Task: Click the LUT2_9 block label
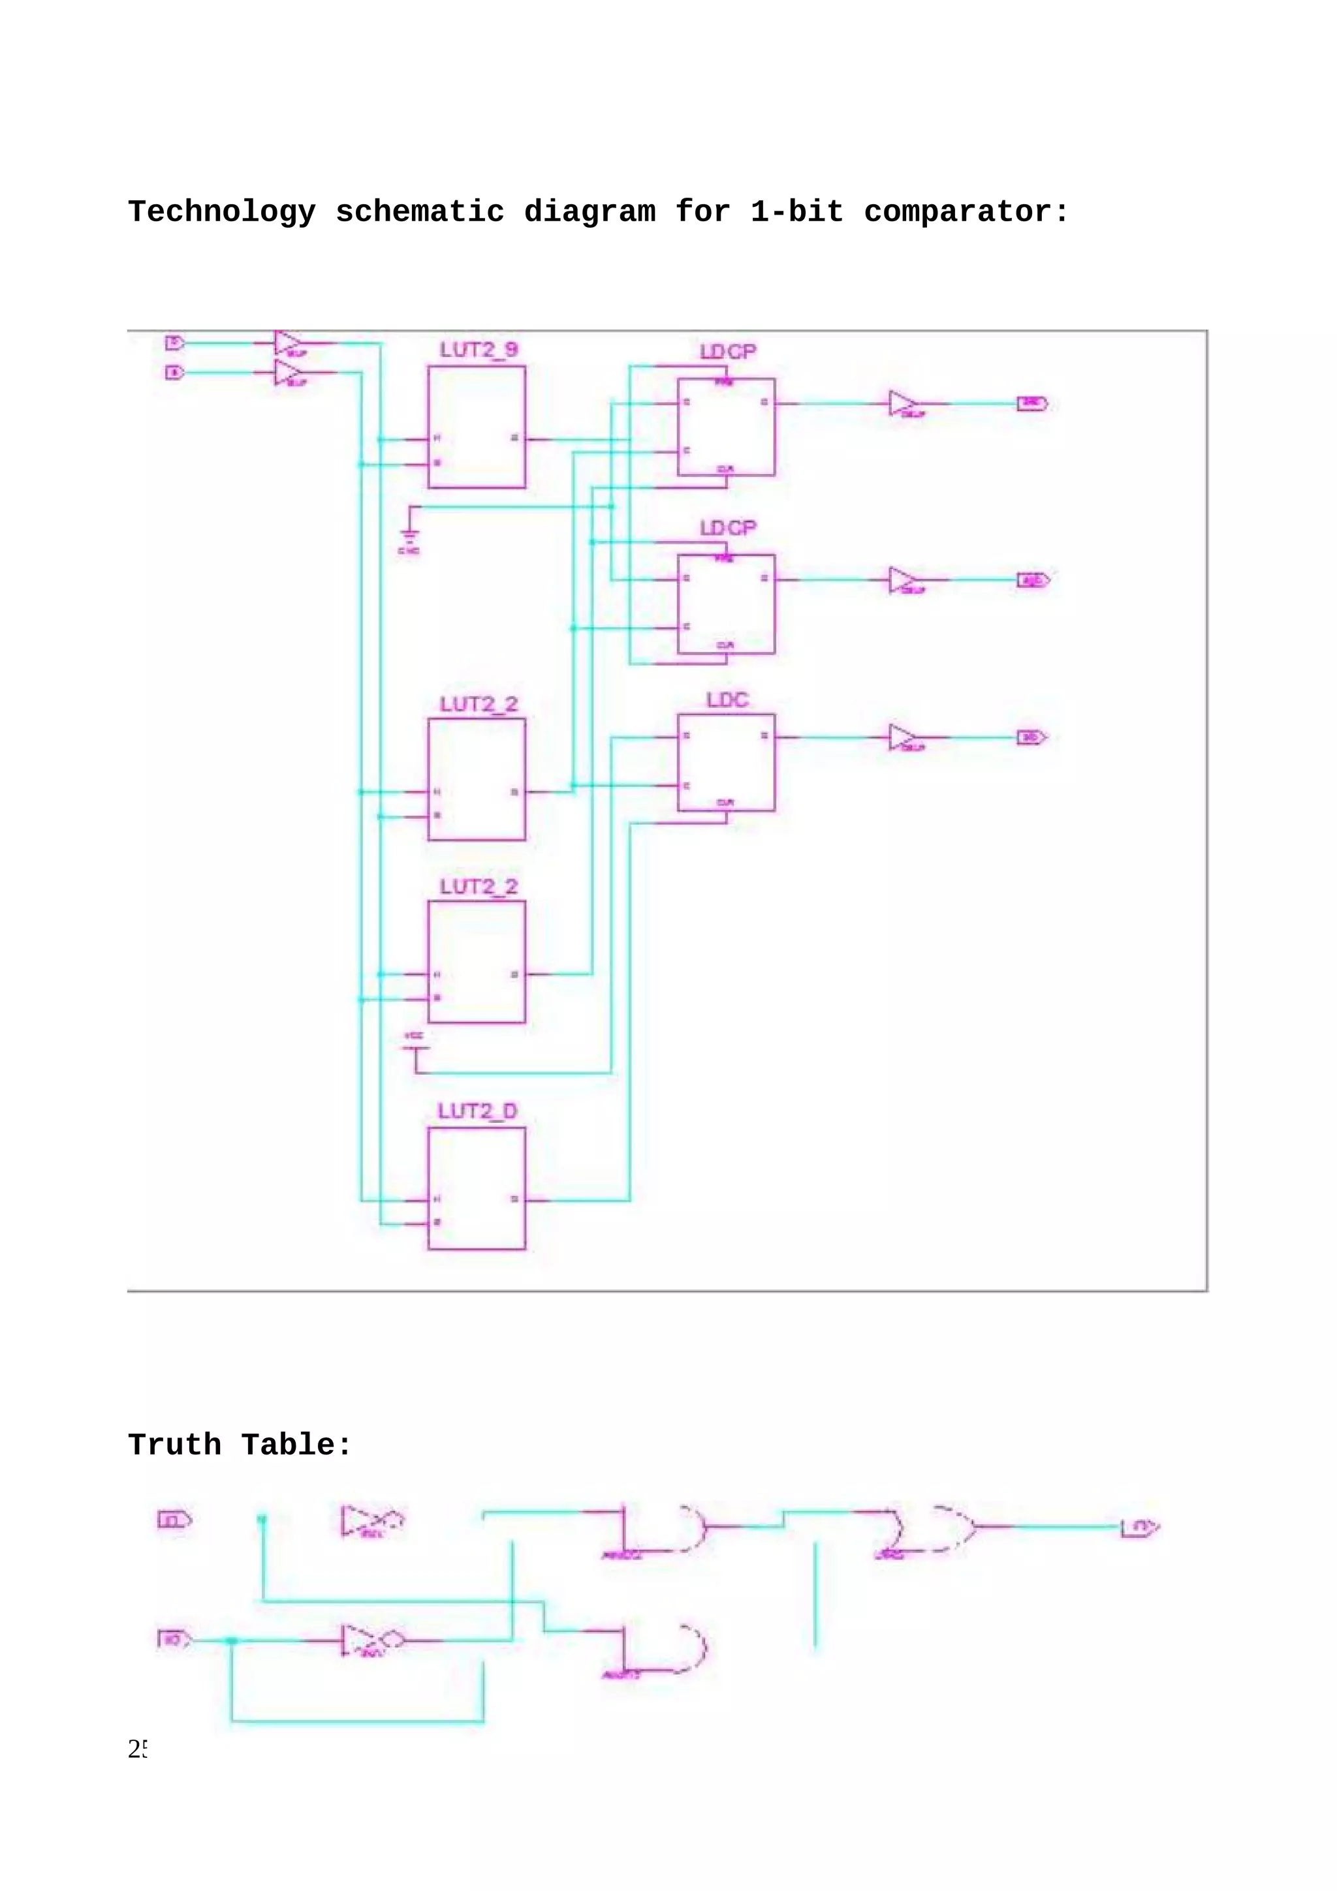pyautogui.click(x=479, y=350)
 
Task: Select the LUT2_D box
pyautogui.click(x=476, y=1188)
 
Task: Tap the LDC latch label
pyautogui.click(x=727, y=700)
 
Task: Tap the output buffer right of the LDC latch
pyautogui.click(x=903, y=737)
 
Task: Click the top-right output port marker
pyautogui.click(x=1032, y=403)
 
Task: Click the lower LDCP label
pyautogui.click(x=727, y=528)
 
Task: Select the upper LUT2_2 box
pyautogui.click(x=476, y=779)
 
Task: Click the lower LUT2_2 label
pyautogui.click(x=479, y=887)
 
